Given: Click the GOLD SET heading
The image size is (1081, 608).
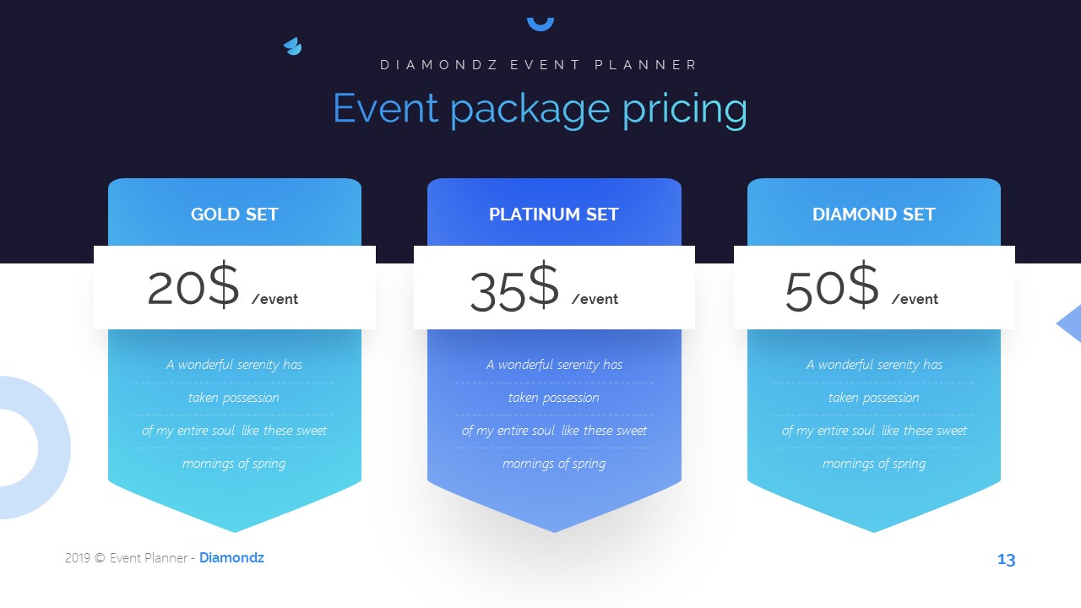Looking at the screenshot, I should pyautogui.click(x=234, y=214).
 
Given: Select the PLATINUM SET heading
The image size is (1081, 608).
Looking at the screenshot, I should pyautogui.click(x=554, y=214).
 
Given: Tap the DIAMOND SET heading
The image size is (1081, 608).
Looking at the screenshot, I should pyautogui.click(x=873, y=214).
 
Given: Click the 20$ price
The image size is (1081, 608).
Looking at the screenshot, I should pyautogui.click(x=193, y=287).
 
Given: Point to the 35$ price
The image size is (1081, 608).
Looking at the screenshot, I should pyautogui.click(x=513, y=288).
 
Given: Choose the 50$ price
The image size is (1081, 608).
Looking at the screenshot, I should pyautogui.click(x=832, y=288).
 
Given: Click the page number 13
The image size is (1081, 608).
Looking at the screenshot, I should pyautogui.click(x=1006, y=560).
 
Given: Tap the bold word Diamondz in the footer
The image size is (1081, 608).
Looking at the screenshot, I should pyautogui.click(x=231, y=558).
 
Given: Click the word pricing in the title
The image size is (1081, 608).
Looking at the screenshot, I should pyautogui.click(x=684, y=110).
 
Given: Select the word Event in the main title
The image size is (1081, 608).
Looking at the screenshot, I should pyautogui.click(x=385, y=108).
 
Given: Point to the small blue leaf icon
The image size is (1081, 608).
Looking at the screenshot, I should pyautogui.click(x=292, y=46).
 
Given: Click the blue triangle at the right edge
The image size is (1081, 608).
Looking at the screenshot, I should pyautogui.click(x=1071, y=323).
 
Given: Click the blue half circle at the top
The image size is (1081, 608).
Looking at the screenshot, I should pyautogui.click(x=540, y=22).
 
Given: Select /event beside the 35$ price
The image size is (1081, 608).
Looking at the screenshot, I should pyautogui.click(x=595, y=299).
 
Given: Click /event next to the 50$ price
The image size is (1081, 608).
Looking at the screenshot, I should pyautogui.click(x=915, y=299).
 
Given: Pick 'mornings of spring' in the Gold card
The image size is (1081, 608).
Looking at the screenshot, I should pyautogui.click(x=234, y=464).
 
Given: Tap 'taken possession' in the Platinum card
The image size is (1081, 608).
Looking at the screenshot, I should pyautogui.click(x=554, y=398).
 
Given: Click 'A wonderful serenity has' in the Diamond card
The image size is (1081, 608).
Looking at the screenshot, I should pyautogui.click(x=874, y=365).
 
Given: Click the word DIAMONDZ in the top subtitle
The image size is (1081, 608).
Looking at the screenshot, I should pyautogui.click(x=434, y=65).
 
